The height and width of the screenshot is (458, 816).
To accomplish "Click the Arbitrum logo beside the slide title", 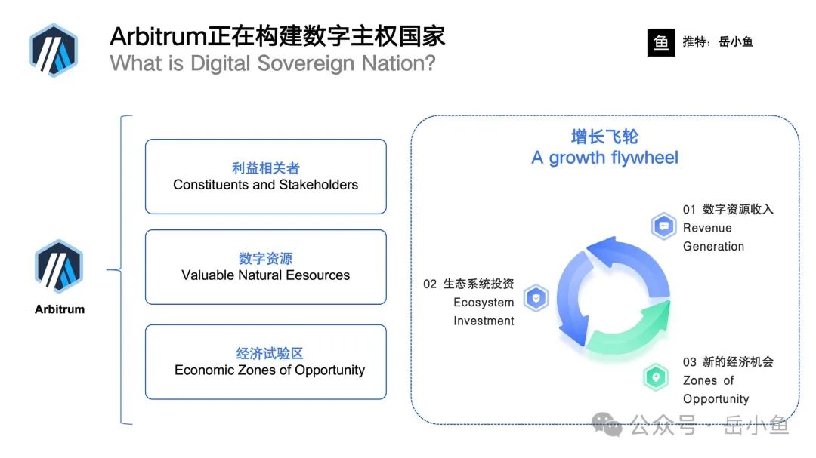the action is coord(54,51).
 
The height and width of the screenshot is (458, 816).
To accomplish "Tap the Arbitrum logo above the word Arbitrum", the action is coord(59,266).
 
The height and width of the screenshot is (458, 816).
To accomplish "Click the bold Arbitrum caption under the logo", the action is coord(60,309).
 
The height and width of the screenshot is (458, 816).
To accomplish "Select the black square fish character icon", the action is coord(661,42).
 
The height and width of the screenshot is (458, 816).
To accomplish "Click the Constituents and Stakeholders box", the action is coord(266,177).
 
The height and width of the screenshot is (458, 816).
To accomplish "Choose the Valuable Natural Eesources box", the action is coord(266,267).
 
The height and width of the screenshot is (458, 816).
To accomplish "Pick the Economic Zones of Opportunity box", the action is coord(266,362).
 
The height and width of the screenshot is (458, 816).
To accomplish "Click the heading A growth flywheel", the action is coord(604,158).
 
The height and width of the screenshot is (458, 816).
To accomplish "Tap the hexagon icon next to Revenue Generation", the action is coord(663,226).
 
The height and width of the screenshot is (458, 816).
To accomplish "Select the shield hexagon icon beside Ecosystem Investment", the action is coord(536,298).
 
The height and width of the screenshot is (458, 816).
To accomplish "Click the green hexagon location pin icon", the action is coord(656,377).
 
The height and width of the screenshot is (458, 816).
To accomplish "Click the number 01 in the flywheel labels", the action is coord(689,210).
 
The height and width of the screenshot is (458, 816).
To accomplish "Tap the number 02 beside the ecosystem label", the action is coord(430,284).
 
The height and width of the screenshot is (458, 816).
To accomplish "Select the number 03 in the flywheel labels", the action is coord(690,362).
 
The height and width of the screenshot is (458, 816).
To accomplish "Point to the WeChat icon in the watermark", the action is coord(607,424).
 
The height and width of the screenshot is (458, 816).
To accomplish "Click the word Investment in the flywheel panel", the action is coord(484,321).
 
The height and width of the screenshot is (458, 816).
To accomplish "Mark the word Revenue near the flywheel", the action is coord(707,228).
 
